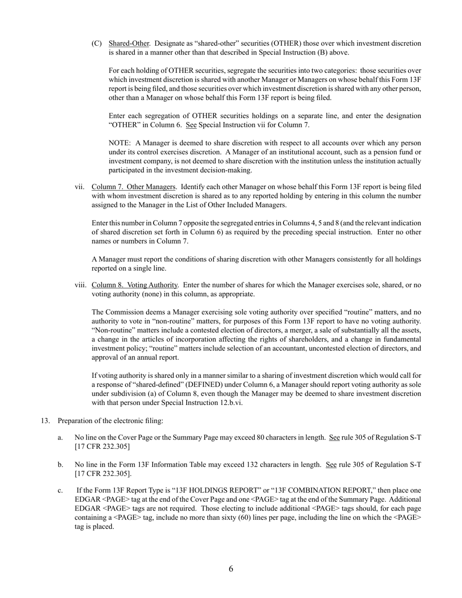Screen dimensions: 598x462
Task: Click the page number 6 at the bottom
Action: click(x=231, y=569)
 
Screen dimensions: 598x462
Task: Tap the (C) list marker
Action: click(x=96, y=44)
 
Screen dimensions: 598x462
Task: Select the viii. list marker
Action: click(x=80, y=285)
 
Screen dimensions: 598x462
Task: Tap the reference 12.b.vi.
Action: click(x=227, y=403)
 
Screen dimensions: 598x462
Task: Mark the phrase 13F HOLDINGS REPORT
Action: click(x=219, y=491)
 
